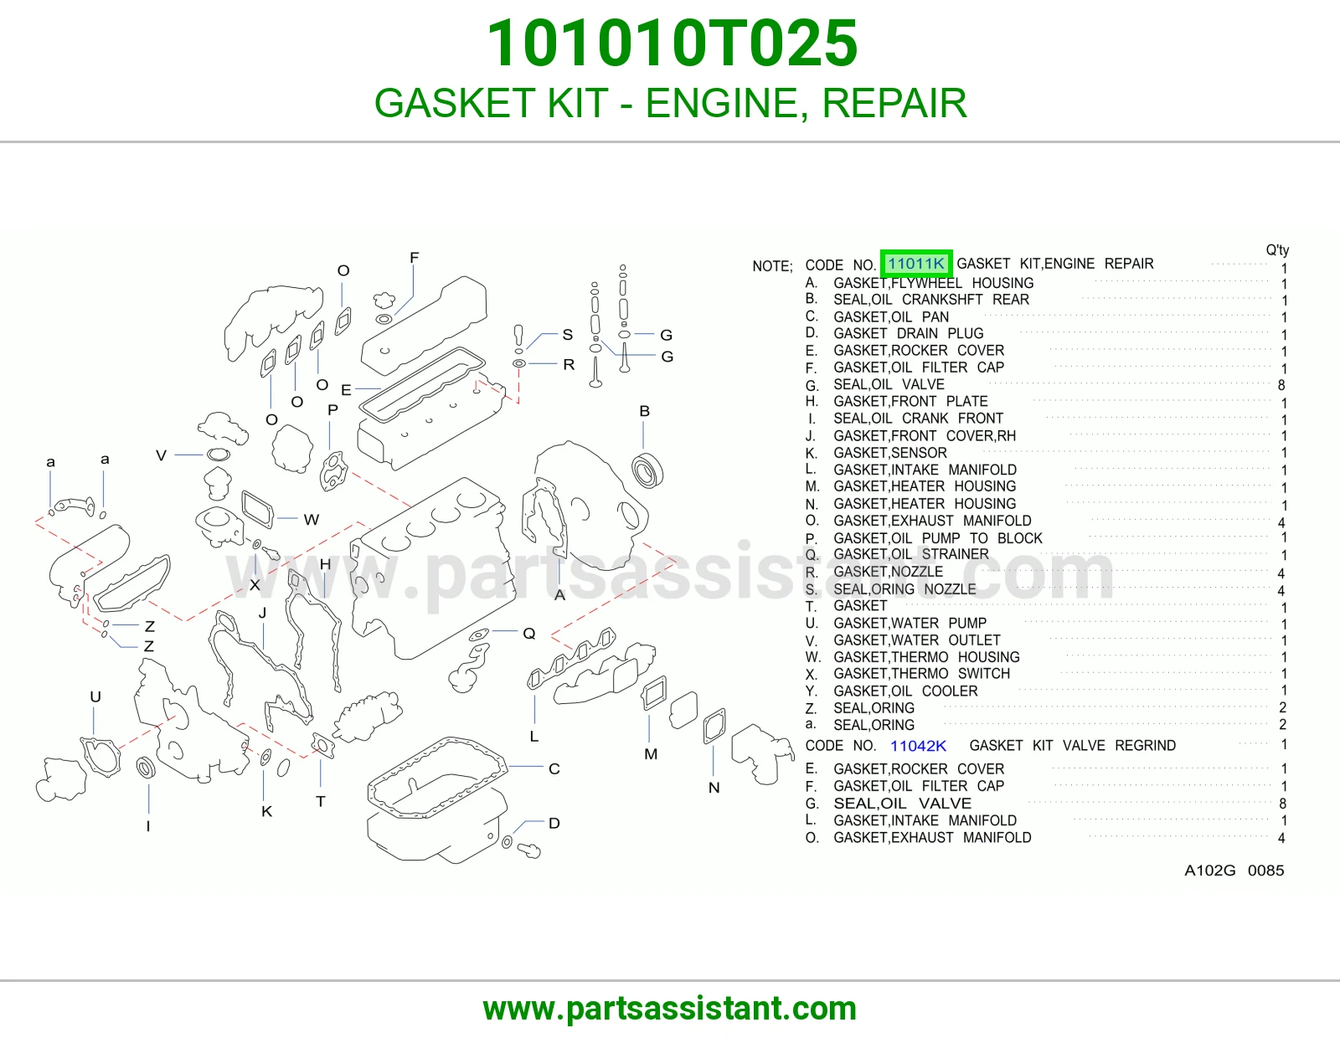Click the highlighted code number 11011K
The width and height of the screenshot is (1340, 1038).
915,264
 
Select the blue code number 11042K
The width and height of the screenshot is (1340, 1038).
918,746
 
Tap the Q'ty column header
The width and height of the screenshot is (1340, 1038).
1277,250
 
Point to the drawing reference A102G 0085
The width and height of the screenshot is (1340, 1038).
1234,871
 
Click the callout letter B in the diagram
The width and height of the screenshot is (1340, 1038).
644,411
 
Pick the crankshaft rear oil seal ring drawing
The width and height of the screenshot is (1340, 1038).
647,470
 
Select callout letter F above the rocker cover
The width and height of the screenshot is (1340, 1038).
414,257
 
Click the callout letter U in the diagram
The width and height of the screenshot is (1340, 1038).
95,696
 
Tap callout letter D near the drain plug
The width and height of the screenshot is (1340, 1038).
554,823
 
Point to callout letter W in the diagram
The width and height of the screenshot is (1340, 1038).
312,520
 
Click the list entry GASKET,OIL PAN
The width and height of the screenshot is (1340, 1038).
891,316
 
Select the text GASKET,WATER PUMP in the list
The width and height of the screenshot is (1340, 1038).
910,623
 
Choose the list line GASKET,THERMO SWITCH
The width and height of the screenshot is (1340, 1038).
921,674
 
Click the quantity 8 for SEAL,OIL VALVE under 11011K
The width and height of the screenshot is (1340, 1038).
1281,385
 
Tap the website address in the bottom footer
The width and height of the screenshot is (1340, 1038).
670,1009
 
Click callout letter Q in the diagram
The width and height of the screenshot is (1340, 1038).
529,634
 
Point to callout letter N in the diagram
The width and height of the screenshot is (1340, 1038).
714,788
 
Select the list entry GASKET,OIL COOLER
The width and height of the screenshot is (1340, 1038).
905,691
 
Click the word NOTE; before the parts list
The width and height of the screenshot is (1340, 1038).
772,266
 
